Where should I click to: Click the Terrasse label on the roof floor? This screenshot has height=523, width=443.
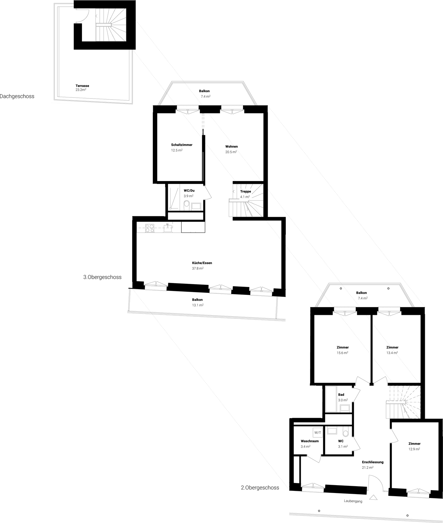[x=82, y=86]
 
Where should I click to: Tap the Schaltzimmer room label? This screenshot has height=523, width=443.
[x=182, y=145]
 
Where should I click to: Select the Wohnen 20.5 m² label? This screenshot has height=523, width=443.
[x=231, y=149]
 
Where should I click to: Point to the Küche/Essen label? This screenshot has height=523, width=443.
[x=202, y=263]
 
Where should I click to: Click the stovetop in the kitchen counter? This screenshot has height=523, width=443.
[x=150, y=228]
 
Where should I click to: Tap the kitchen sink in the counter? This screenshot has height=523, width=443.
[x=168, y=228]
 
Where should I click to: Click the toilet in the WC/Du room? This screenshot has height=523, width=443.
[x=187, y=204]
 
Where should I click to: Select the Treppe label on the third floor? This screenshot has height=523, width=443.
[x=246, y=191]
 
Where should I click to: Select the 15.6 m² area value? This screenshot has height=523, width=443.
[x=342, y=353]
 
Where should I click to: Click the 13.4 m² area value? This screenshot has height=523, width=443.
[x=392, y=353]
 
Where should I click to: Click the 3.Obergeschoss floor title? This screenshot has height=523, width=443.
[x=102, y=277]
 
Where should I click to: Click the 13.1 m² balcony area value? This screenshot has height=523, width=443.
[x=198, y=305]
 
